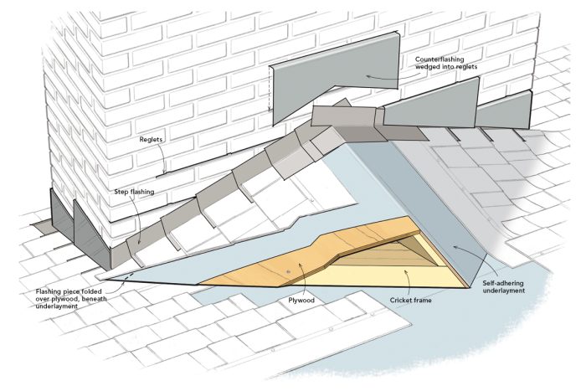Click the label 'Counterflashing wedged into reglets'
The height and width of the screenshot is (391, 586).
[452, 66]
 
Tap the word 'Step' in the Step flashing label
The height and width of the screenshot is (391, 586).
[121, 192]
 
